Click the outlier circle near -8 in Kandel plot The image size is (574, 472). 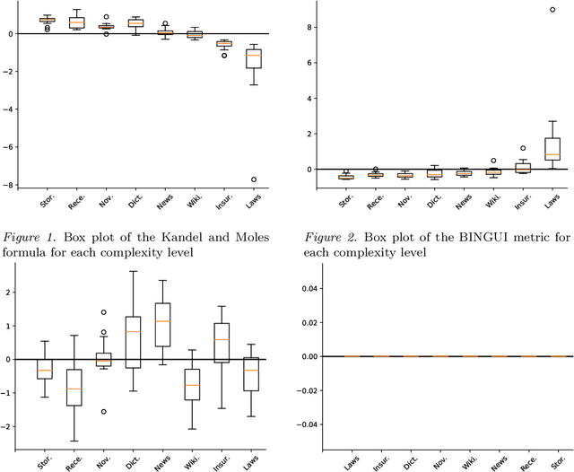coord(253,179)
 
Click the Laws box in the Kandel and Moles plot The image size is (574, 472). coord(253,57)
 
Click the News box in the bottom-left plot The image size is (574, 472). coord(162,311)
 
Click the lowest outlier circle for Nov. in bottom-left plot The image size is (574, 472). coord(103,412)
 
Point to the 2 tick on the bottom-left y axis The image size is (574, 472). coord(11,293)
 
